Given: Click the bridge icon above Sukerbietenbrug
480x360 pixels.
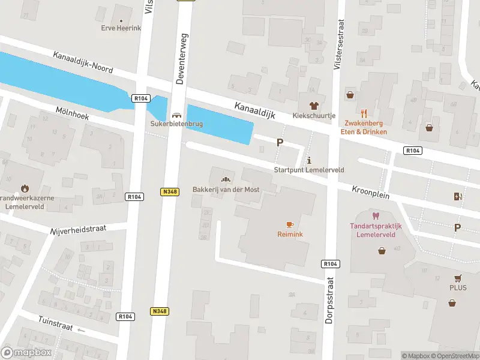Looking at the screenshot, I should pos(176,115).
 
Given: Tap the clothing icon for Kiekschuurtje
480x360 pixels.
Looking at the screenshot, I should pos(313,105).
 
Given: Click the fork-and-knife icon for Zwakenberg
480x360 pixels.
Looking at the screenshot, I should pos(364,113).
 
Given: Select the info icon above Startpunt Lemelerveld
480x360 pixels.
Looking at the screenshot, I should pos(309,160).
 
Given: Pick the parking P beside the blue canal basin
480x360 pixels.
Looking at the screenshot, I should pos(280,142).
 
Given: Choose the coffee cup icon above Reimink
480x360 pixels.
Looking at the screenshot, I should pos(289,224).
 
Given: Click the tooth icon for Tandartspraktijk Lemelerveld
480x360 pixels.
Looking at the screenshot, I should pos(376,216).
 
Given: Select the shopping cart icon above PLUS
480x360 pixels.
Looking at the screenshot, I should pos(458,278).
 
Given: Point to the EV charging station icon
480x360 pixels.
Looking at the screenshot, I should pos(458,196).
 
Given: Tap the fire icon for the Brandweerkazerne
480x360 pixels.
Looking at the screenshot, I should pos(25,188).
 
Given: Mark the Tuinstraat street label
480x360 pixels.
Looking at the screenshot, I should pos(55,320).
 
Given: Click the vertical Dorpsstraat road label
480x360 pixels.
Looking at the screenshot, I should pos(329,300).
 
